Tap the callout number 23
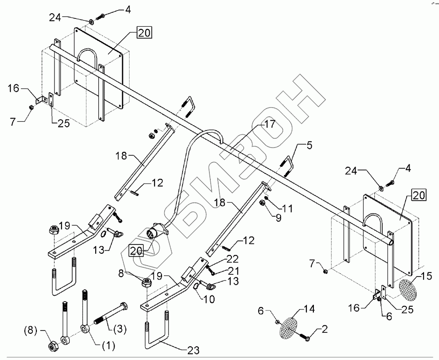pyautogui.click(x=193, y=350)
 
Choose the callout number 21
pyautogui.click(x=233, y=270)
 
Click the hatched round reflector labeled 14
pyautogui.click(x=290, y=327)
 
